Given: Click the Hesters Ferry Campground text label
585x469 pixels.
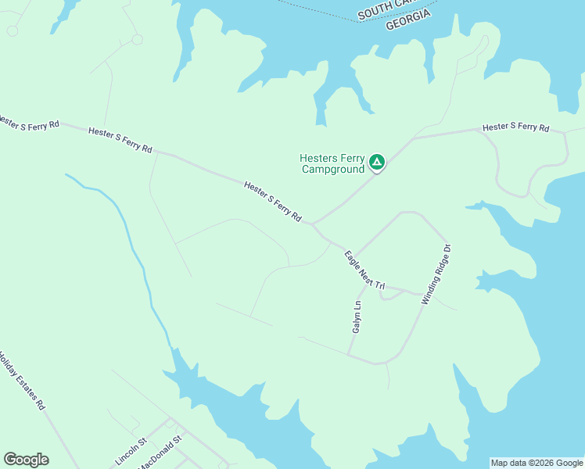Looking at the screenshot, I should (x=332, y=163).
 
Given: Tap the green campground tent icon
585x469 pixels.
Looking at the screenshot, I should (x=377, y=163).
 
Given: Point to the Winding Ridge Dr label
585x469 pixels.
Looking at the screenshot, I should (x=436, y=274).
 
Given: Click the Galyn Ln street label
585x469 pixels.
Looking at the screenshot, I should (x=357, y=317).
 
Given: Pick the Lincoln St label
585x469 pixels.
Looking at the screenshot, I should (x=131, y=452).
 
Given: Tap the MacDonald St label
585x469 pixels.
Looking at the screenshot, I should (x=161, y=452).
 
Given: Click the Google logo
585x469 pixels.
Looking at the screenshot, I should (x=26, y=460).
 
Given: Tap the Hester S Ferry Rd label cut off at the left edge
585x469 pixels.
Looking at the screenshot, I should (x=29, y=123).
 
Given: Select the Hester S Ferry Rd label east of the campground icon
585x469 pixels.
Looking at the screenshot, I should (x=515, y=127).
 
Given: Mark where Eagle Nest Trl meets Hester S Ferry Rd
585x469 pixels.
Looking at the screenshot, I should (x=312, y=224).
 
